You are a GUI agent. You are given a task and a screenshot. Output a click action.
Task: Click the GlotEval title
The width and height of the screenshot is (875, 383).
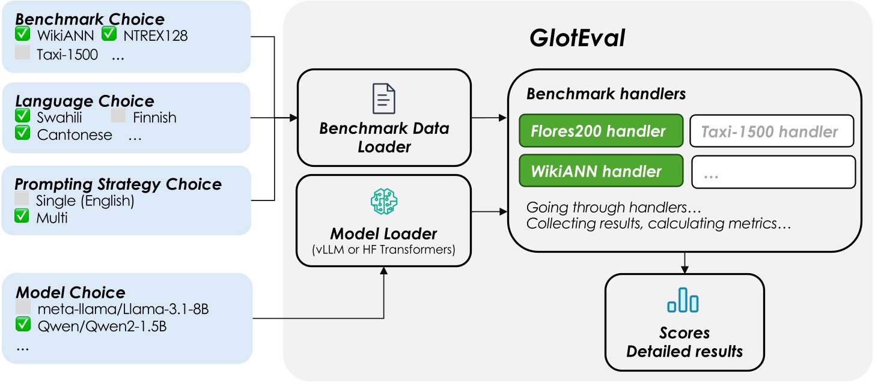(x=577, y=38)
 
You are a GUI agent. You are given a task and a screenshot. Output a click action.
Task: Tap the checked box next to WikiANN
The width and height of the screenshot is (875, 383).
(x=23, y=35)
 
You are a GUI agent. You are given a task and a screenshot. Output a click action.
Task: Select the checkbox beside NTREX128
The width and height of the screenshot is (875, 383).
(x=109, y=35)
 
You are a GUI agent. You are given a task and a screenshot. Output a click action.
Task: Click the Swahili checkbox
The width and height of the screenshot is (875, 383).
(x=23, y=116)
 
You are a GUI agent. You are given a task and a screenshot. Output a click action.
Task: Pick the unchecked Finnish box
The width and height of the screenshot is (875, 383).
(x=118, y=116)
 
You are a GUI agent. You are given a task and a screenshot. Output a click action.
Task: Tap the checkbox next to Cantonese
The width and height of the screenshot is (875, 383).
(x=23, y=133)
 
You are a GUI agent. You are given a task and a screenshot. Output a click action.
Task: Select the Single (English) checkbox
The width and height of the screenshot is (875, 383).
(x=22, y=200)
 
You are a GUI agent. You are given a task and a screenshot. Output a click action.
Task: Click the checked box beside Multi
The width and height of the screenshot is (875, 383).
(x=23, y=217)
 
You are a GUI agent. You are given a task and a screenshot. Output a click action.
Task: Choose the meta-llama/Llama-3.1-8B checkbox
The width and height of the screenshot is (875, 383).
(x=23, y=308)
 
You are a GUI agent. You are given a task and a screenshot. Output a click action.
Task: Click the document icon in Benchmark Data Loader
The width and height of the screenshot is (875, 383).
(x=384, y=98)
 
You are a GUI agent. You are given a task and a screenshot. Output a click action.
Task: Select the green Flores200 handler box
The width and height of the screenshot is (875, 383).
(x=601, y=131)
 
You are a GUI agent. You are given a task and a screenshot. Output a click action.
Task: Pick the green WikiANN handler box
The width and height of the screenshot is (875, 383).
(x=601, y=170)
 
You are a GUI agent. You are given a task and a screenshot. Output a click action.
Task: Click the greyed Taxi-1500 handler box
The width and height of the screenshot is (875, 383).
(x=772, y=131)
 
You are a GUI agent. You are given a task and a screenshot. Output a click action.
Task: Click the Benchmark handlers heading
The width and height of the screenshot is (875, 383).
(x=606, y=94)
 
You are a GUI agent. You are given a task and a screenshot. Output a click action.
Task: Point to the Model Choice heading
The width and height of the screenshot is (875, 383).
(x=70, y=292)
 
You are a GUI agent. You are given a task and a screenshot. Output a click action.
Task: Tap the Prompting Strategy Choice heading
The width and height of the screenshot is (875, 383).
(x=118, y=184)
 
